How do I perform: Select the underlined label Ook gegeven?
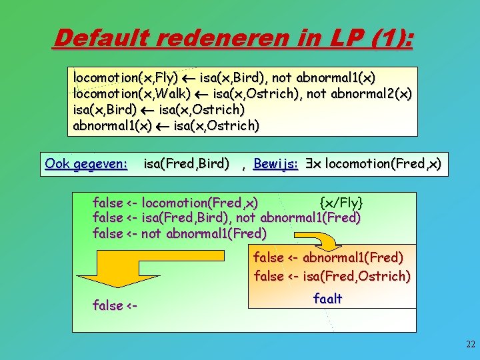[86, 163]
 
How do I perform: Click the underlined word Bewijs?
[275, 163]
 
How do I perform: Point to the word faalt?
[327, 299]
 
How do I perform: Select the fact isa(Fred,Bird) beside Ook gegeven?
[187, 163]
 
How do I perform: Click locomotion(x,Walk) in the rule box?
[132, 94]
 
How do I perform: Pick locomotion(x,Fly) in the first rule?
[126, 79]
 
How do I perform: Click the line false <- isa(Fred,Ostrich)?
[332, 275]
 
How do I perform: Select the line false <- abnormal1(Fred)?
[328, 257]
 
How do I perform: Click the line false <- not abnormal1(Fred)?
[180, 233]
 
